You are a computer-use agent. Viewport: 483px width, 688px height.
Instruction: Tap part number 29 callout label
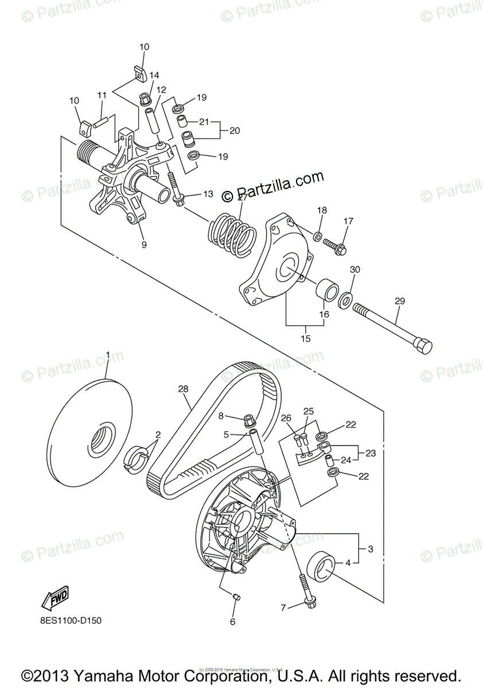pyautogui.click(x=400, y=300)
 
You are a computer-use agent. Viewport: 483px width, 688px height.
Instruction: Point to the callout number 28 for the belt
pyautogui.click(x=183, y=389)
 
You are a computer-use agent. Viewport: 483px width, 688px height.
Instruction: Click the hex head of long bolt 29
pyautogui.click(x=423, y=346)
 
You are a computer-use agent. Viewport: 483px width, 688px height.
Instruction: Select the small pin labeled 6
pyautogui.click(x=235, y=599)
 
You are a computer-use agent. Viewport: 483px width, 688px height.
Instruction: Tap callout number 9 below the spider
pyautogui.click(x=143, y=244)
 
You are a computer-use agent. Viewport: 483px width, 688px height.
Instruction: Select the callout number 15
pyautogui.click(x=305, y=338)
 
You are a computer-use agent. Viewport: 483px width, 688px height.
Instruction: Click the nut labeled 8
pyautogui.click(x=249, y=420)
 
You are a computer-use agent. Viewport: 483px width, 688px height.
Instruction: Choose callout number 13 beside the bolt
pyautogui.click(x=207, y=194)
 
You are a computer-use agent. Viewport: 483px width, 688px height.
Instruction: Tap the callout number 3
pyautogui.click(x=370, y=549)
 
